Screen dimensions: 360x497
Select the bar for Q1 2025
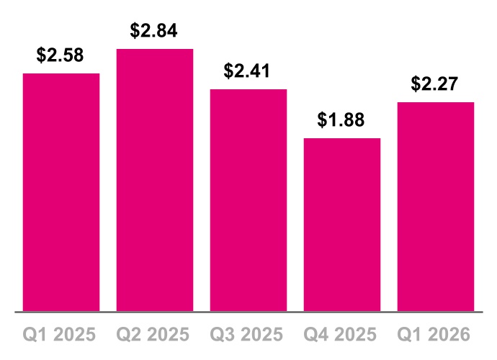(61, 192)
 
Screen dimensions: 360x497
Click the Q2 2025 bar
(155, 180)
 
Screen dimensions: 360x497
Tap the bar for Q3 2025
(248, 200)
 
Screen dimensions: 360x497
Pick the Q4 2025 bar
(342, 225)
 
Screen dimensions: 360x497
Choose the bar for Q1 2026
(436, 207)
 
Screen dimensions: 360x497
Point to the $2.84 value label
(154, 31)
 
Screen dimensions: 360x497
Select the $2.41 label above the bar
(248, 71)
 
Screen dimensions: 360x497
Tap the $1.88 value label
(341, 120)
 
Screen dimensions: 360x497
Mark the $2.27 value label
(435, 84)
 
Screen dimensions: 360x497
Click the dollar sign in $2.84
(135, 31)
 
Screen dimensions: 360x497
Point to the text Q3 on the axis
(223, 335)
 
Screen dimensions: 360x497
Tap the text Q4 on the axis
(316, 335)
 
